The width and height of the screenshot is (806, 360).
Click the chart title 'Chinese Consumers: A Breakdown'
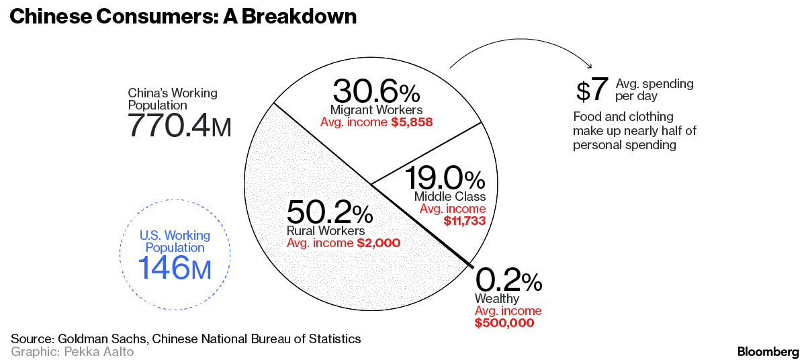coord(182,17)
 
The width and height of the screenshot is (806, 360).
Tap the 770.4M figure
coord(179,126)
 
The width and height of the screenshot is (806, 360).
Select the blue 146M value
coord(175,268)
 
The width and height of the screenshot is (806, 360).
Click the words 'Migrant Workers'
coord(376,109)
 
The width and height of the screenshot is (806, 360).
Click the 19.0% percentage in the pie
coord(445,179)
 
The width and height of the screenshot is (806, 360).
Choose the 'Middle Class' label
coord(449,196)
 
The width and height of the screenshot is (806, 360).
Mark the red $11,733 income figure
coord(464,220)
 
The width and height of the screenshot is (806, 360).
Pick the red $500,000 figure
coord(504,323)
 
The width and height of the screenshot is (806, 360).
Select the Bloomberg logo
coord(768,351)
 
